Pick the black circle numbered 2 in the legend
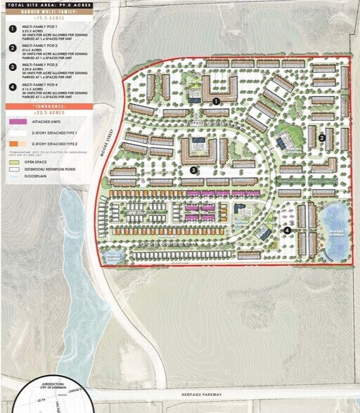click(x=12, y=49)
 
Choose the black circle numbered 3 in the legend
click(x=12, y=67)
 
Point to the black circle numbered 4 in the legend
click(x=12, y=86)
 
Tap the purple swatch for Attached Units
click(x=13, y=122)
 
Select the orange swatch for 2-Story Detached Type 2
click(x=13, y=143)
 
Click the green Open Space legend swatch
click(x=13, y=161)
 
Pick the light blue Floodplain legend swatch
click(x=13, y=178)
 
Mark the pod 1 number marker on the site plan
click(x=217, y=101)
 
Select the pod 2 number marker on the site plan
click(x=321, y=138)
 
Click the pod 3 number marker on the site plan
click(x=193, y=169)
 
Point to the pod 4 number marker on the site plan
click(x=287, y=230)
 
